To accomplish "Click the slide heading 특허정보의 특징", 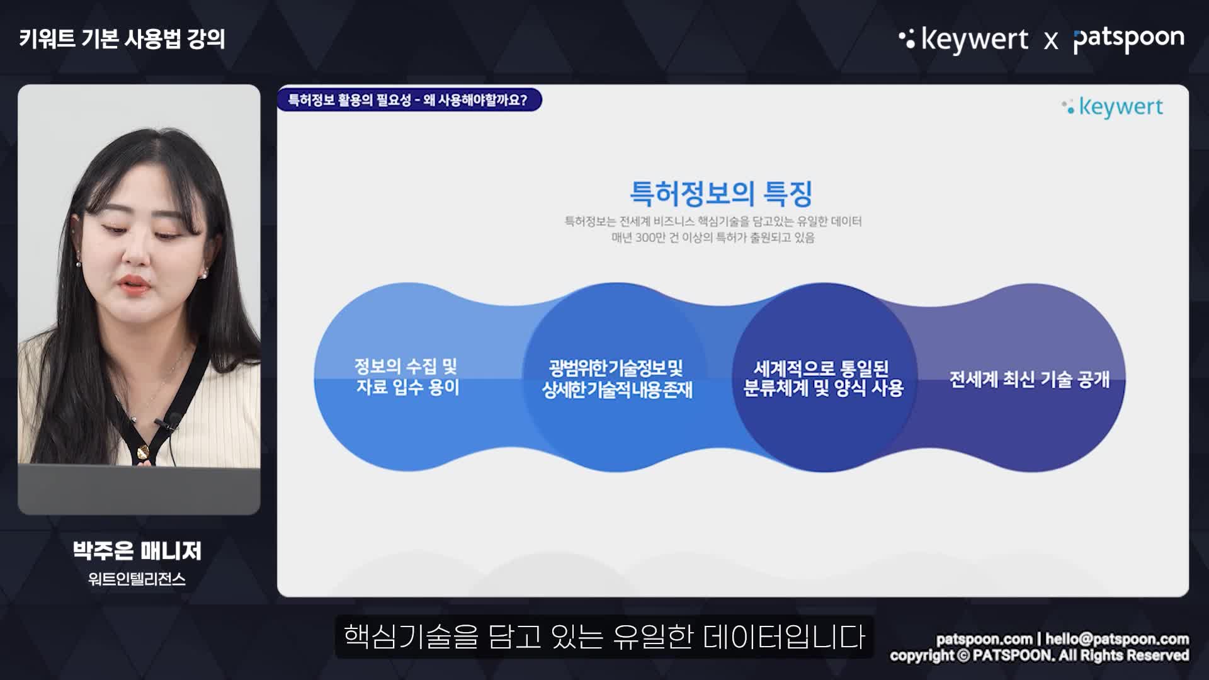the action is (721, 193).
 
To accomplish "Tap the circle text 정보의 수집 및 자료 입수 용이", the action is (407, 377).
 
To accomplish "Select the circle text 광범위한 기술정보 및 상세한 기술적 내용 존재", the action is (617, 379).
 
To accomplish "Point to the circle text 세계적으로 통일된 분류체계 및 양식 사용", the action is (823, 378).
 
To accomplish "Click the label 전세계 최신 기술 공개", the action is (1029, 379).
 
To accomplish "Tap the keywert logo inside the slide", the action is (1112, 107).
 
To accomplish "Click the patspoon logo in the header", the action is (1128, 40).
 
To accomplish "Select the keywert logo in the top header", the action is (963, 40).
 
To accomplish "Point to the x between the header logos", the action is (1051, 42).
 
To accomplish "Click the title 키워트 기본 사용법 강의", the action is (122, 39).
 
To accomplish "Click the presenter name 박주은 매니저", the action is (137, 551).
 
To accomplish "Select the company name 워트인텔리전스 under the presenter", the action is (137, 579).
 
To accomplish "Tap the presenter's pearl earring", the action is (203, 274).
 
